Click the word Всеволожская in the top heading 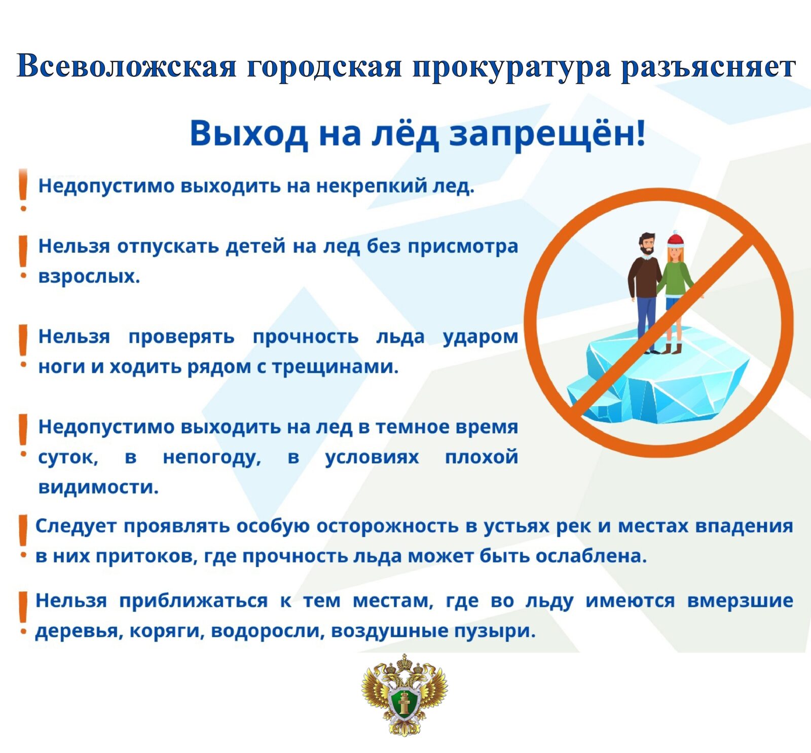(127, 66)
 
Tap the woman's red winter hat (675, 239)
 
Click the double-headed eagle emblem (404, 694)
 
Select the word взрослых (89, 277)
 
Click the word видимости (98, 487)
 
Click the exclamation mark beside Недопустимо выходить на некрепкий (22, 190)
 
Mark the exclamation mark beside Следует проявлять (22, 537)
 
